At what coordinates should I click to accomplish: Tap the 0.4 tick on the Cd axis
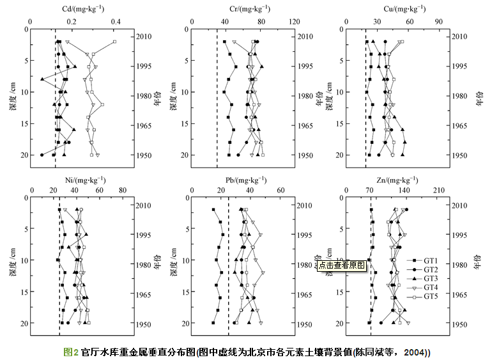click(x=116, y=21)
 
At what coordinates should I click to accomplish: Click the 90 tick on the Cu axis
click(x=439, y=21)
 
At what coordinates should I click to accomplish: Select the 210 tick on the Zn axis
click(x=440, y=190)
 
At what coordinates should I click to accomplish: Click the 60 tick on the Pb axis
click(x=279, y=190)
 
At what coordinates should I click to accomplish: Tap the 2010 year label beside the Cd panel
click(x=144, y=36)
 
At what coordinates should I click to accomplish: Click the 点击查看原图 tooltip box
click(x=342, y=264)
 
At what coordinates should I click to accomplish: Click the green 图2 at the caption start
click(x=71, y=352)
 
